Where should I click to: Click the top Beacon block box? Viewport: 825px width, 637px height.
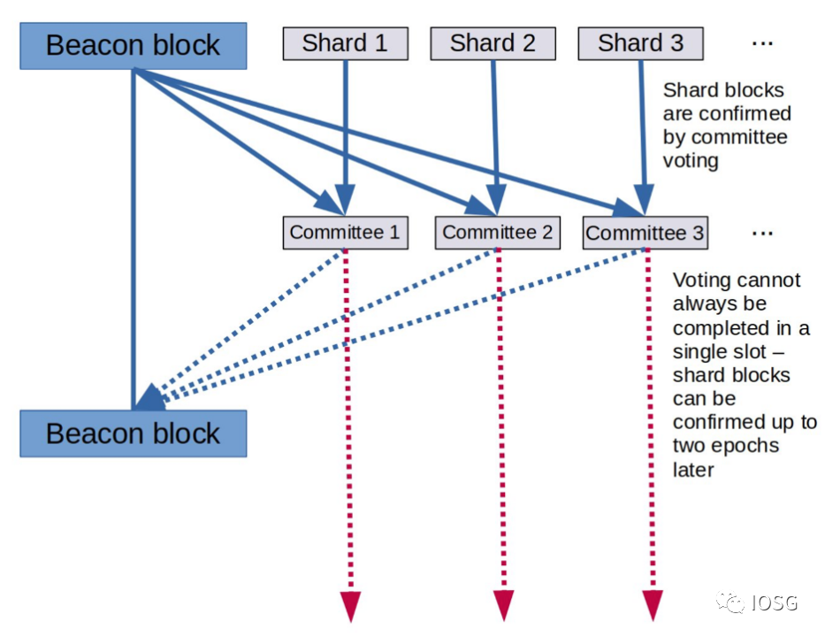click(x=133, y=46)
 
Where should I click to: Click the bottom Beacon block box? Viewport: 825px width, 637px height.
click(x=133, y=434)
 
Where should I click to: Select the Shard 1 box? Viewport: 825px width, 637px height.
click(x=345, y=43)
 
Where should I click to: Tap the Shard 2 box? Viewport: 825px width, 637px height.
click(x=493, y=43)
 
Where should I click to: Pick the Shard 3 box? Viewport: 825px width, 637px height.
click(x=640, y=43)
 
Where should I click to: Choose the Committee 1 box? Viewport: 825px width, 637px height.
click(x=345, y=233)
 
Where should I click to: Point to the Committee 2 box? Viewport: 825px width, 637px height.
click(x=498, y=233)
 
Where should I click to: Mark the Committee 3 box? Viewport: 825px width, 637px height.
click(x=645, y=234)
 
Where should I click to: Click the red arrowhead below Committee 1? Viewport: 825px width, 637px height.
click(x=351, y=605)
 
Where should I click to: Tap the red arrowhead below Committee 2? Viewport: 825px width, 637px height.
click(x=503, y=605)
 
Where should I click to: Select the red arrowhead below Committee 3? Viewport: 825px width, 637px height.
click(x=653, y=605)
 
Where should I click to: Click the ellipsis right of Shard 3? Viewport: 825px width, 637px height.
click(x=762, y=42)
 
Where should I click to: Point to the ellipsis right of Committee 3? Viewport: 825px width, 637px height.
click(x=762, y=234)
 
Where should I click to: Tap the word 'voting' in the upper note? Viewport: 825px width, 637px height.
click(x=691, y=161)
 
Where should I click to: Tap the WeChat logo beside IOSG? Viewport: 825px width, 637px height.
click(x=730, y=602)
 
